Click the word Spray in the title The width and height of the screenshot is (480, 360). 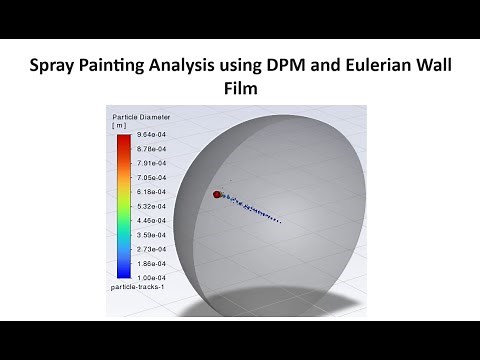[x=60, y=68]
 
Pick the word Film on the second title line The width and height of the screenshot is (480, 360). [x=240, y=91]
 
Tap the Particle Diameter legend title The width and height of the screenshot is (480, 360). [x=140, y=118]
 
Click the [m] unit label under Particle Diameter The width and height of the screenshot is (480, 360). [x=121, y=126]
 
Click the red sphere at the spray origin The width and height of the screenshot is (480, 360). [x=217, y=195]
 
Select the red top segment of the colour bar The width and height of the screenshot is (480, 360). [x=121, y=141]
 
